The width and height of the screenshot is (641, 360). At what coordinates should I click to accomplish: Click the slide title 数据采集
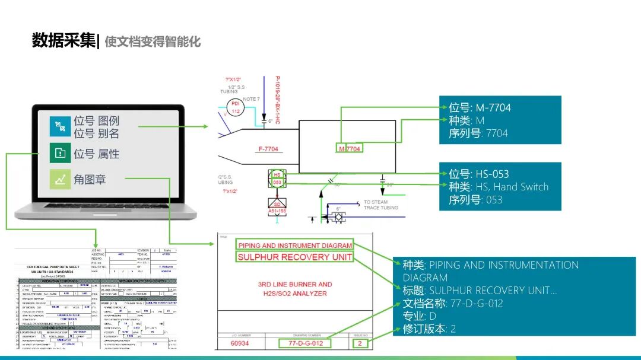[64, 40]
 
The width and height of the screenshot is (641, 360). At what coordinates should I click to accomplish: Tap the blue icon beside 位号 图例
[60, 126]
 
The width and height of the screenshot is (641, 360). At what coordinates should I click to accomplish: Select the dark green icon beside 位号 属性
[60, 153]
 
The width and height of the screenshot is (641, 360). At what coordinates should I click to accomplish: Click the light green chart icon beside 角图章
[60, 179]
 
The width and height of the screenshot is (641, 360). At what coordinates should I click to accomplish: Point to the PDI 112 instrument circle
[236, 107]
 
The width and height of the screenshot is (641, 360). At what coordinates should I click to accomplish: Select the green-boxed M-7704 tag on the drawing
[350, 149]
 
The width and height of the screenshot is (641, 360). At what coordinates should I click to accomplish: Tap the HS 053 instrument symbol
[277, 179]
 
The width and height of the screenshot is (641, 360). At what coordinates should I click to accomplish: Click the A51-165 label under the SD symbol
[277, 211]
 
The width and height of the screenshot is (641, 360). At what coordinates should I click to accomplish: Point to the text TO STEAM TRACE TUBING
[381, 205]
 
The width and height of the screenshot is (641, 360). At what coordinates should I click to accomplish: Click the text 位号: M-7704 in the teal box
[479, 107]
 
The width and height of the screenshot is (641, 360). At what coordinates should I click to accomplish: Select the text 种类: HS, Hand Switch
[499, 187]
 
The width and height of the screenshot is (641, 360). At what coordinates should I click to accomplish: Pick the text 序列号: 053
[475, 200]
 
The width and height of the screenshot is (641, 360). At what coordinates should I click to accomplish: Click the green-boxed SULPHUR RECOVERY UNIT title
[294, 257]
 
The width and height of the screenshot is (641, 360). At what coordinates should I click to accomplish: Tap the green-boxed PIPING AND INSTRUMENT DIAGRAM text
[294, 245]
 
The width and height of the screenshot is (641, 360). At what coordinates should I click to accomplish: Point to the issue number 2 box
[358, 343]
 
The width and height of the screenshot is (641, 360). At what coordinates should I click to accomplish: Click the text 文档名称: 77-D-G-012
[453, 303]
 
